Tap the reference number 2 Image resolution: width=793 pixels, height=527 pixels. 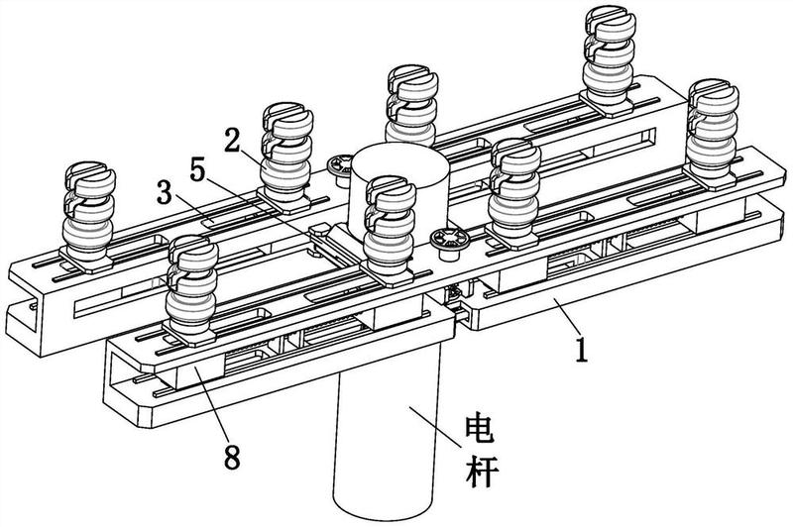pyautogui.click(x=232, y=139)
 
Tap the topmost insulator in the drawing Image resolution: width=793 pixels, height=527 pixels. pyautogui.click(x=606, y=54)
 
